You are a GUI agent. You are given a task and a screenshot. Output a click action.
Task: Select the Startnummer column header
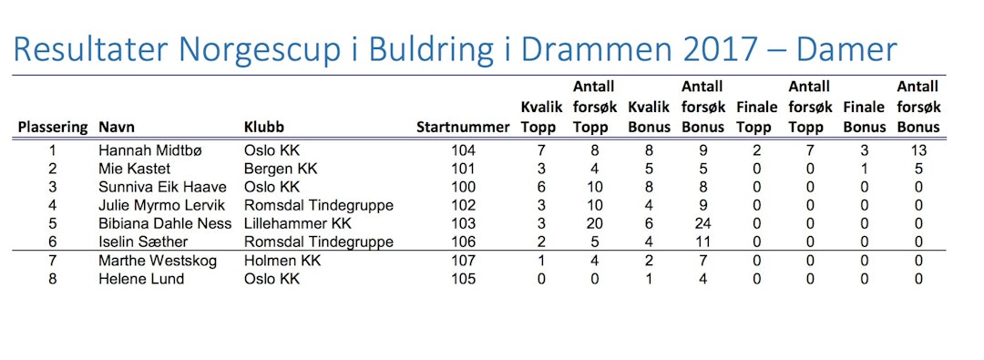(x=463, y=128)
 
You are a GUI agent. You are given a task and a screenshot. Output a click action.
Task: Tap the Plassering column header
(x=53, y=128)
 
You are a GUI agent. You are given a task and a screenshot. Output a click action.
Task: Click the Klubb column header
(x=263, y=128)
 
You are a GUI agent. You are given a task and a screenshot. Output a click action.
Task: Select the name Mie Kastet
(x=134, y=169)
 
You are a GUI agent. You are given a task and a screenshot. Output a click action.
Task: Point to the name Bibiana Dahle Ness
(x=165, y=223)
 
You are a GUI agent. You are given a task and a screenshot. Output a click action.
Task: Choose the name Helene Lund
(x=141, y=278)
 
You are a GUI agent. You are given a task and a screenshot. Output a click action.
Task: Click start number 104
(x=464, y=150)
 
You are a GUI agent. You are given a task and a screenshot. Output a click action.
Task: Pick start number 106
(x=464, y=242)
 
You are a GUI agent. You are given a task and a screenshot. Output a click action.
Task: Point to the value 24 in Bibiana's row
(x=702, y=223)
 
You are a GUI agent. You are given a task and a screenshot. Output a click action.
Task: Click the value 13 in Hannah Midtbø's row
(x=918, y=150)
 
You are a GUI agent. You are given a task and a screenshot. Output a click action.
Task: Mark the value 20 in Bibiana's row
(x=594, y=223)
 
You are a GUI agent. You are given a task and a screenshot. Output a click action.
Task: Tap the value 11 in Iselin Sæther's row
(x=702, y=242)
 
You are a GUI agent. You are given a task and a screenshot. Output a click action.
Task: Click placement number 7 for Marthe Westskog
(x=53, y=260)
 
